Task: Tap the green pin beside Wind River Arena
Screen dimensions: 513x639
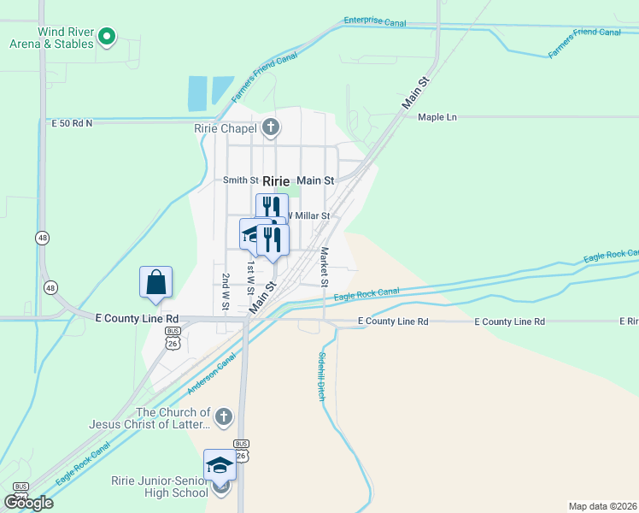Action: [x=107, y=37]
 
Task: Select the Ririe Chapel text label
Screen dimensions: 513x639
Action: [x=226, y=129]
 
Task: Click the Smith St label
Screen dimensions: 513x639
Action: [x=240, y=180]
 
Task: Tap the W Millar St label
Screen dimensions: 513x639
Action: [x=308, y=215]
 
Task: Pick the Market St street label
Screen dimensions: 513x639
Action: [x=325, y=267]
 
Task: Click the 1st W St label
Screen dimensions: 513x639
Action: [x=251, y=279]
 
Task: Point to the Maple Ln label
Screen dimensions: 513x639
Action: [x=437, y=117]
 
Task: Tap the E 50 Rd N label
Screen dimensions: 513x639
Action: [x=72, y=123]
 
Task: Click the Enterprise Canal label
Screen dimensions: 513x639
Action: [x=374, y=21]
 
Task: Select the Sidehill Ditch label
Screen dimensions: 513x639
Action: [x=321, y=377]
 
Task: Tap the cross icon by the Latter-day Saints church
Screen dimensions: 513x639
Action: [x=223, y=416]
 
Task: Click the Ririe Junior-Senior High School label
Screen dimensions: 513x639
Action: [x=159, y=486]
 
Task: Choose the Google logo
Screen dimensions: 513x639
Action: [x=29, y=502]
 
